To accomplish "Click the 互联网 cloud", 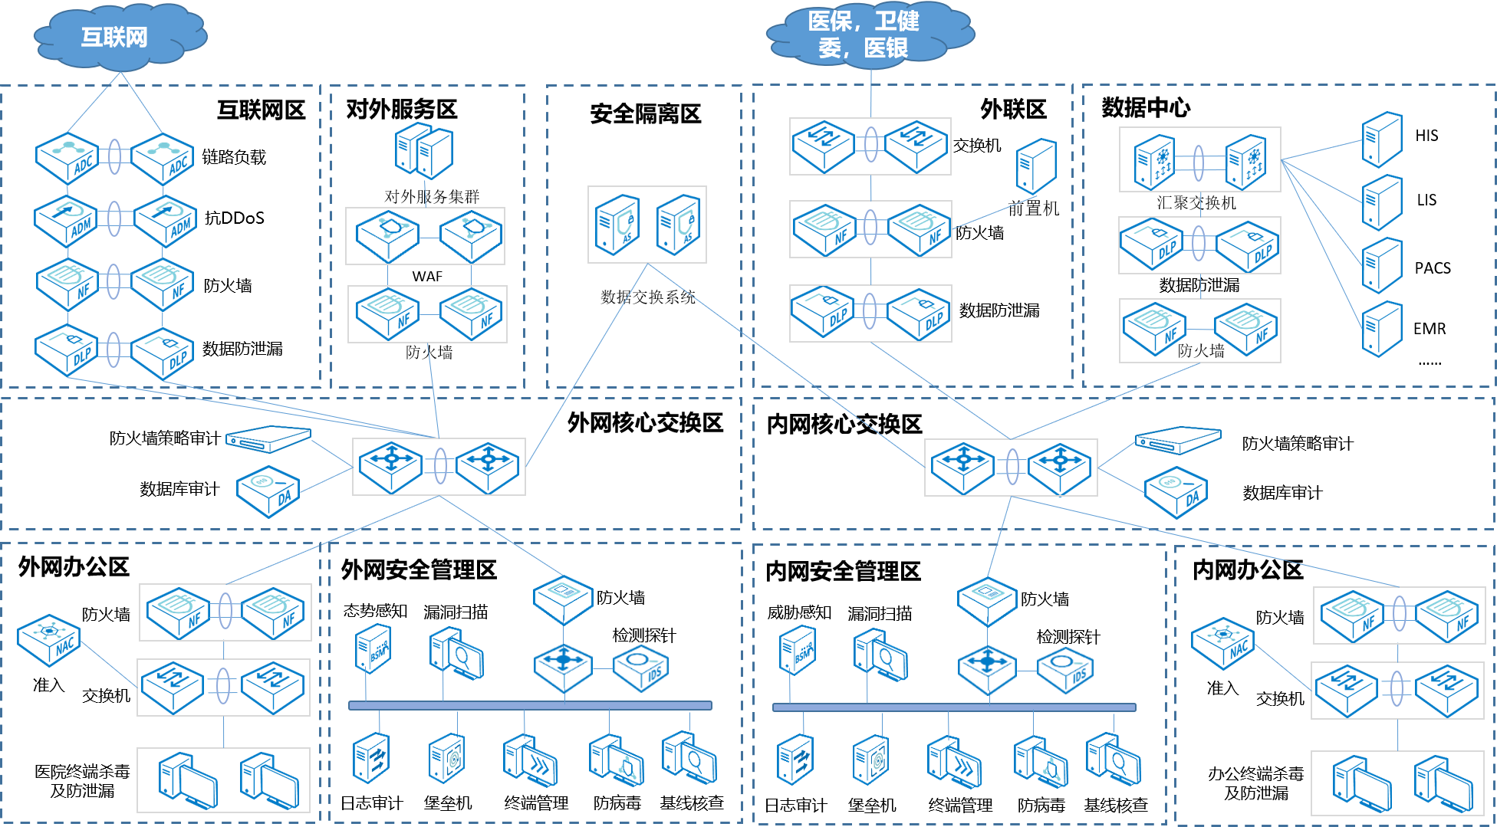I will [119, 37].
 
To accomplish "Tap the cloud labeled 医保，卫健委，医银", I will [870, 34].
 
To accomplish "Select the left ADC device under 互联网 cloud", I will [67, 159].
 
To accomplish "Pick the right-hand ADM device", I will [166, 222].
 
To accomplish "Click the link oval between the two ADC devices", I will [114, 157].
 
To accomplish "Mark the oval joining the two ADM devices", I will [114, 219].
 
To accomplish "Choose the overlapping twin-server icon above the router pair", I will [424, 150].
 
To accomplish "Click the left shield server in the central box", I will [617, 225].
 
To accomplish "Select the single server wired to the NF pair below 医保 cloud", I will [1035, 166].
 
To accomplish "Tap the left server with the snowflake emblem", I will [1154, 162].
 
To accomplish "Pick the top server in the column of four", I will [1381, 139].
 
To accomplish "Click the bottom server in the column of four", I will [1381, 329].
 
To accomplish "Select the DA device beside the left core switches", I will [268, 491].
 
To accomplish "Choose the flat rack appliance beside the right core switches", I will [1177, 440].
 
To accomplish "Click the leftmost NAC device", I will [49, 640].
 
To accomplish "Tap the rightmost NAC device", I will [1222, 643].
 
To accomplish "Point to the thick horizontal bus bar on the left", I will [530, 705].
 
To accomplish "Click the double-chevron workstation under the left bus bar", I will [529, 760].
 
